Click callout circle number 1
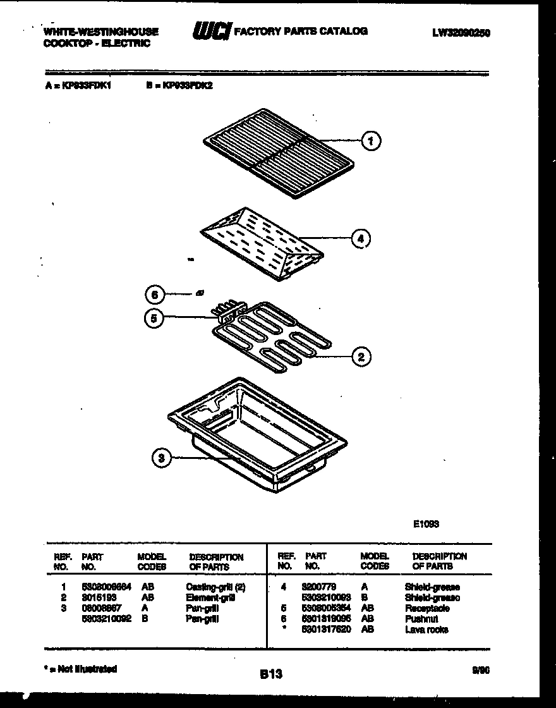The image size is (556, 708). click(372, 141)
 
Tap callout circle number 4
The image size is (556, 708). click(360, 238)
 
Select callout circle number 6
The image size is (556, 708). click(154, 294)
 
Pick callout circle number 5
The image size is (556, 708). click(154, 319)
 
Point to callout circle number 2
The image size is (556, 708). click(360, 357)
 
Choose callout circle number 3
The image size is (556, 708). click(162, 458)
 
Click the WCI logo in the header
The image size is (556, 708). click(211, 32)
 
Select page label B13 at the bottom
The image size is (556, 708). click(270, 674)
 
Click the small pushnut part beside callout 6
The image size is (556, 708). click(200, 292)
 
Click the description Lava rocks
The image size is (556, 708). click(426, 630)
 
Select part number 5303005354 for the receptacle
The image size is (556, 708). click(327, 608)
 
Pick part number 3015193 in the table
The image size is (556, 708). click(99, 597)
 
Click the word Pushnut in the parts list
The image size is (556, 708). click(421, 619)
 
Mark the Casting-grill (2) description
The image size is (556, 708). click(215, 587)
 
